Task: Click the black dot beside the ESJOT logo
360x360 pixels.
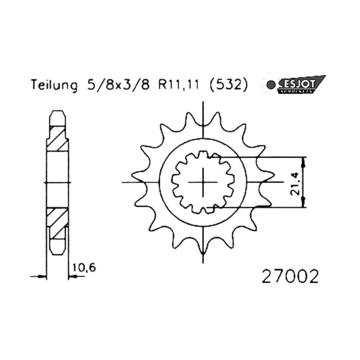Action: coord(267,85)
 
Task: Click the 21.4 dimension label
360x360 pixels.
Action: coord(294,183)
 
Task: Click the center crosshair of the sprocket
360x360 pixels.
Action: coord(205,182)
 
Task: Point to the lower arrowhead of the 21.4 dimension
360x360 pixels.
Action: coord(305,204)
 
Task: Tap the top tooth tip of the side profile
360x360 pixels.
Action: coord(57,112)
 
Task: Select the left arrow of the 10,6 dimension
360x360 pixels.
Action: coord(42,277)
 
